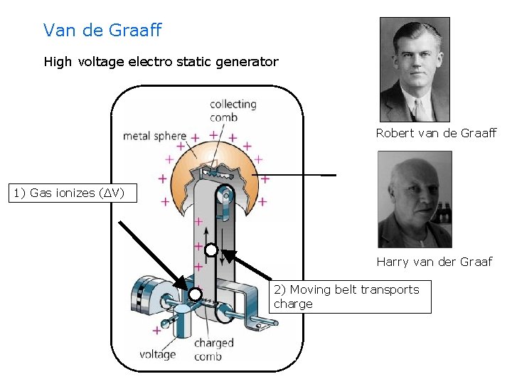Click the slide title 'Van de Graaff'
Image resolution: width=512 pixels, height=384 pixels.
point(102,31)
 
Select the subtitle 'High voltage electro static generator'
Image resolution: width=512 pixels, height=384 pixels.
point(161,62)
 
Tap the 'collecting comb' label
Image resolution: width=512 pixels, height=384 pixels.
point(233,110)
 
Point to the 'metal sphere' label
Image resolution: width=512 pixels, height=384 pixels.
point(154,136)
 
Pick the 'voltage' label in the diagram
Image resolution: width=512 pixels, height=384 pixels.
point(157,353)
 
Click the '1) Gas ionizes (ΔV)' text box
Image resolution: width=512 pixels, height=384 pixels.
point(70,193)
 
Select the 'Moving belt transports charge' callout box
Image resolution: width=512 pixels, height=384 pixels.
point(352,297)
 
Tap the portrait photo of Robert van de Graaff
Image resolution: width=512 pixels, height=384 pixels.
point(415,70)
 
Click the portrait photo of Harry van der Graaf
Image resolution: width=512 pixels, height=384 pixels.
point(415,199)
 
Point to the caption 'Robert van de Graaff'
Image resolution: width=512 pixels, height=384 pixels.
point(436,133)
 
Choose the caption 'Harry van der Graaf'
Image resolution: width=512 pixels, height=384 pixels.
point(434,262)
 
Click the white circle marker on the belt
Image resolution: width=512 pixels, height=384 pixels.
point(211,250)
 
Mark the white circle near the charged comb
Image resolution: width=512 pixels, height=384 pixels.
point(196,294)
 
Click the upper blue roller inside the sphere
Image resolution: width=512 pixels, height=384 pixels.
point(225,194)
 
